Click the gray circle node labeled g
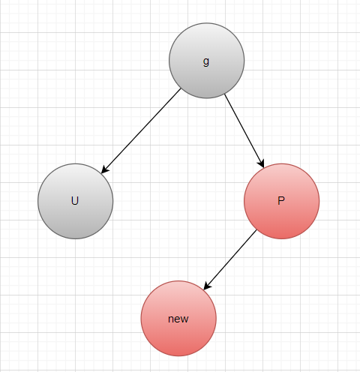pyautogui.click(x=206, y=61)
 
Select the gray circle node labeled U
pyautogui.click(x=75, y=201)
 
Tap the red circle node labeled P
pyautogui.click(x=281, y=201)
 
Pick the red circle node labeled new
pyautogui.click(x=178, y=319)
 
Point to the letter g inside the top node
pyautogui.click(x=206, y=61)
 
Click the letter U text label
pyautogui.click(x=75, y=201)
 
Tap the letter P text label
pyautogui.click(x=281, y=201)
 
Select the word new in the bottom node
pyautogui.click(x=178, y=319)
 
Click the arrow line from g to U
pyautogui.click(x=141, y=130)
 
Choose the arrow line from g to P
pyautogui.click(x=244, y=130)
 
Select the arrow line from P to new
pyautogui.click(x=230, y=260)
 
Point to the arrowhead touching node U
pyautogui.click(x=105, y=169)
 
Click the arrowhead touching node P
pyautogui.click(x=261, y=163)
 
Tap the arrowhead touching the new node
pyautogui.click(x=207, y=286)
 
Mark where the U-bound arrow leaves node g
pyautogui.click(x=181, y=88)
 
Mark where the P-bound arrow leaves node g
pyautogui.click(x=225, y=94)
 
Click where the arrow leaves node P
pyautogui.click(x=256, y=230)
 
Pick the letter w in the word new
pyautogui.click(x=184, y=319)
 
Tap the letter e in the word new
pyautogui.click(x=177, y=319)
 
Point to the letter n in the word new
pyautogui.click(x=171, y=319)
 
